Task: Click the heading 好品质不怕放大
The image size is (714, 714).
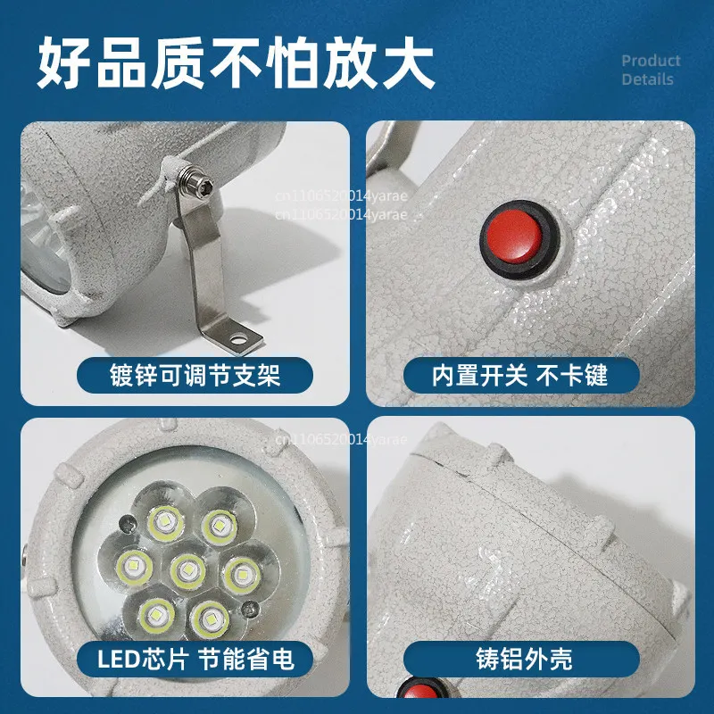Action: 236,60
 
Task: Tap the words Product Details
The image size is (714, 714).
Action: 651,70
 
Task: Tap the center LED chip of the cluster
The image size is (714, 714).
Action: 187,569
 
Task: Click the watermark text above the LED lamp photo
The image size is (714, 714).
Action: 340,438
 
